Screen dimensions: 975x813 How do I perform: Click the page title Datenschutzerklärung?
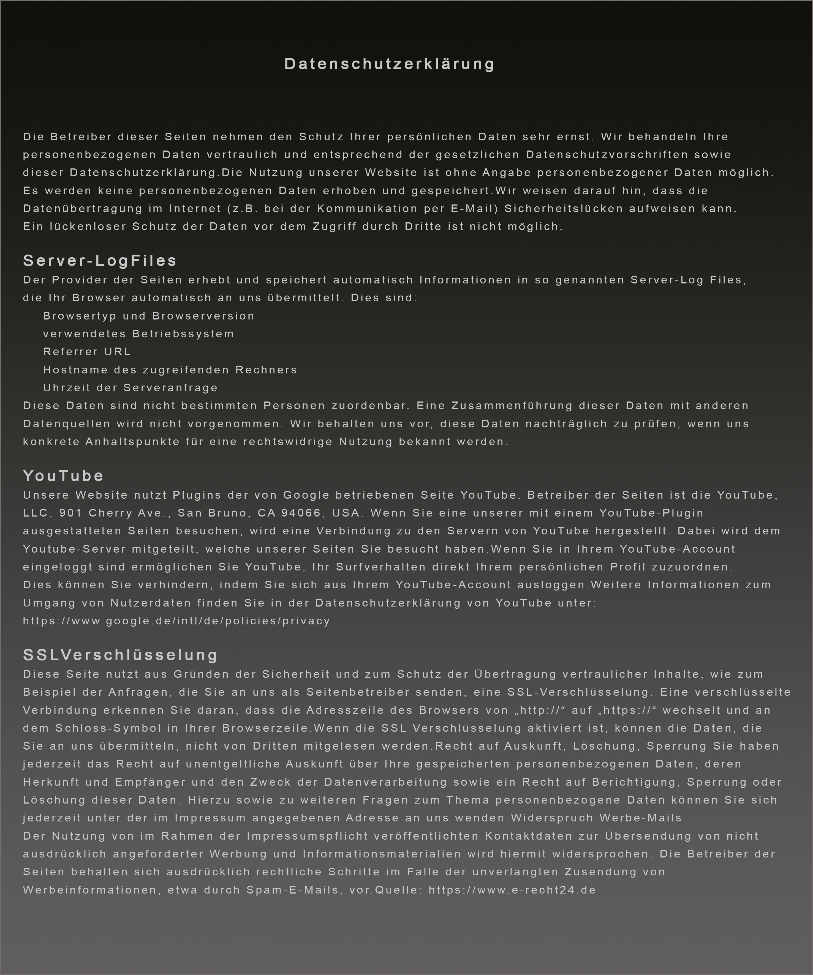pos(389,64)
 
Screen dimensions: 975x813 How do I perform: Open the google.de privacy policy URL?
pos(176,621)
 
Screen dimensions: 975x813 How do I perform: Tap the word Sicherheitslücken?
pos(564,209)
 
